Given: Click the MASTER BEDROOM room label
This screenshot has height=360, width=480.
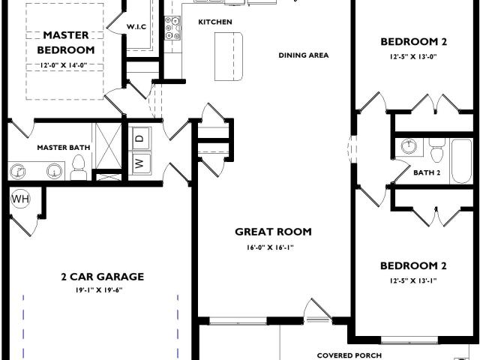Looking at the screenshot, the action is (66, 43).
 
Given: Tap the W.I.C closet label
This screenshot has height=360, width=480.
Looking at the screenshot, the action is (136, 27).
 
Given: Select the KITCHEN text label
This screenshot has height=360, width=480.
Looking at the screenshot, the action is (215, 22).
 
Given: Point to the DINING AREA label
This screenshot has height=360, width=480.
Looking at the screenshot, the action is (304, 55).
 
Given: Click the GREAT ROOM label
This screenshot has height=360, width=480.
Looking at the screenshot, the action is (273, 232).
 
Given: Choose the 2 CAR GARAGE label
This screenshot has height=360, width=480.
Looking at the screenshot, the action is (103, 277).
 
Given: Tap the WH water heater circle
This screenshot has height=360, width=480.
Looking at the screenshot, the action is (21, 199).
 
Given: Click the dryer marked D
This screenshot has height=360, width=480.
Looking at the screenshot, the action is (140, 138).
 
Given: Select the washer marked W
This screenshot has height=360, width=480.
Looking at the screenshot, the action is (140, 163).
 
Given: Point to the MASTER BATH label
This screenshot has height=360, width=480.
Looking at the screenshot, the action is (64, 148).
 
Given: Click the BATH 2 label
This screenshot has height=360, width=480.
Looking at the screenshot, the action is (427, 172).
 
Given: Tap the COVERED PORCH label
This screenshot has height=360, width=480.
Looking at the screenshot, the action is (349, 355).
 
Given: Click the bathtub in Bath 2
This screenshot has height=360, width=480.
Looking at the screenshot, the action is (461, 161).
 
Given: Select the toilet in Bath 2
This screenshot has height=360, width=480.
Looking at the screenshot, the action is (436, 150).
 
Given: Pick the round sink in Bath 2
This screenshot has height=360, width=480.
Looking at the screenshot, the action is (408, 146).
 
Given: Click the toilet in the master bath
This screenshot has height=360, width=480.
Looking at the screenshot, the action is (79, 167).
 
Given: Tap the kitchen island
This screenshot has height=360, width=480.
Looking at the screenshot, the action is (229, 56).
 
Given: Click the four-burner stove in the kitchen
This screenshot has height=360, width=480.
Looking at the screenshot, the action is (173, 28).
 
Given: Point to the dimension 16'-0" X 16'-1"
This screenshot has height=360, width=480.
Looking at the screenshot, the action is (270, 247).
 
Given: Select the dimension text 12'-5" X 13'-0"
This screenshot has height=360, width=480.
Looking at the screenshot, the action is (413, 57).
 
